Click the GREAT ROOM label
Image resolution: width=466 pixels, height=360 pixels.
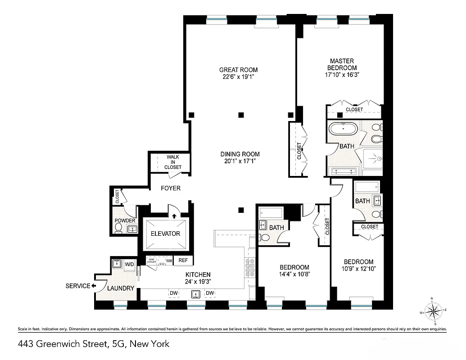(x=238, y=70)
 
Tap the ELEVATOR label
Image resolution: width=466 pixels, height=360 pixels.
(x=165, y=234)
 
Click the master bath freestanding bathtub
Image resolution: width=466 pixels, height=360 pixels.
(x=344, y=129)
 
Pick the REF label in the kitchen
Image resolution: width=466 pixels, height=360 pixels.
(x=183, y=260)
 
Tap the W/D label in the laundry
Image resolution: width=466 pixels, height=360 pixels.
(x=129, y=264)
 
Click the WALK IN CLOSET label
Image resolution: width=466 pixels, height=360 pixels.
(x=173, y=162)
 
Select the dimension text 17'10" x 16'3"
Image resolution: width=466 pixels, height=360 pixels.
(x=342, y=75)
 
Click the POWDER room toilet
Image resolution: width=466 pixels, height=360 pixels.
(x=118, y=229)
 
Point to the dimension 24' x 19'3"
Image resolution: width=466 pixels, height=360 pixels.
(x=198, y=281)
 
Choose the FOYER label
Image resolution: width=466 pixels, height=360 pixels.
(x=171, y=188)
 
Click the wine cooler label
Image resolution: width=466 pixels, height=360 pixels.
(x=151, y=261)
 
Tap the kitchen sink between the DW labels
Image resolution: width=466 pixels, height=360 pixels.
(x=195, y=294)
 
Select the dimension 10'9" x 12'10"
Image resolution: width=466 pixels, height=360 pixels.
(x=358, y=269)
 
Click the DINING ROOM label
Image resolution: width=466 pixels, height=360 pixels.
(x=240, y=154)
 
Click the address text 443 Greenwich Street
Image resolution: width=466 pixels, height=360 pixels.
(x=63, y=344)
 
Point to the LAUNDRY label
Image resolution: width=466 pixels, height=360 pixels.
(x=121, y=288)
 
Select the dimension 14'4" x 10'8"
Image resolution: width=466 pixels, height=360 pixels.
(x=294, y=274)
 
